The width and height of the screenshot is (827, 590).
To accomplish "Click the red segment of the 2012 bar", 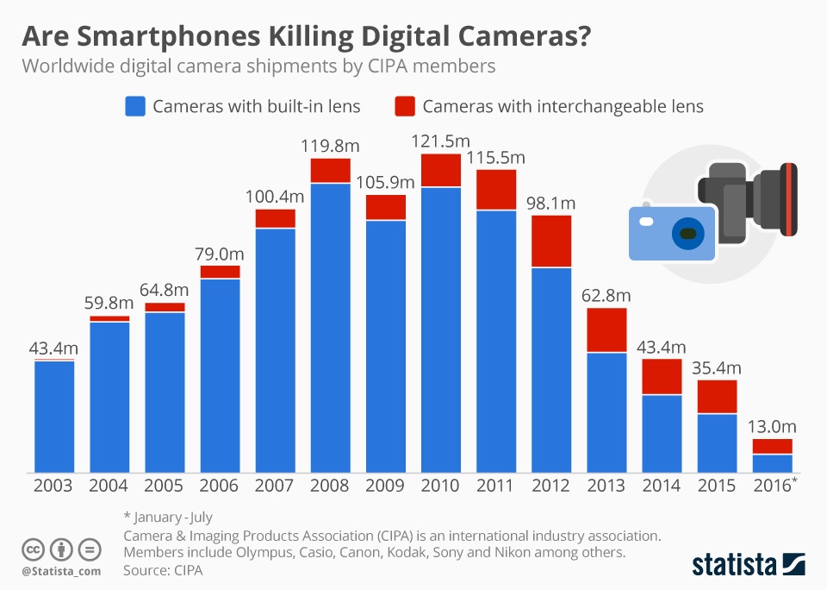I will coord(552,242).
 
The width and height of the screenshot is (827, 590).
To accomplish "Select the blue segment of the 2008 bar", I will coord(331,328).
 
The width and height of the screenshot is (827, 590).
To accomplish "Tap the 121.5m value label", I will coord(442,141).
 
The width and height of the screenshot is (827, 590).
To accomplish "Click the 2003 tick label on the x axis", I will coord(54,486).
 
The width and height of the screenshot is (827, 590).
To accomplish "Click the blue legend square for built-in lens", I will coord(135,107).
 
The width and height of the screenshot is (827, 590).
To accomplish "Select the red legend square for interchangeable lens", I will coord(405,107).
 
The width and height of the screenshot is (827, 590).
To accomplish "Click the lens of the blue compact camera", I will coord(687,233).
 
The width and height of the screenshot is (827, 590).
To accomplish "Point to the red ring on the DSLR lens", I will coord(786,199).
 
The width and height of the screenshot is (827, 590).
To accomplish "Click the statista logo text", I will coord(731,565).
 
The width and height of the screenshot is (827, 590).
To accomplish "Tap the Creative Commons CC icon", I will coord(33,549).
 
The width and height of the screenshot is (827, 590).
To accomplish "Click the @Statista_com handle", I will coord(61,570).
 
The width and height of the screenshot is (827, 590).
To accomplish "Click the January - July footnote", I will coord(169,518).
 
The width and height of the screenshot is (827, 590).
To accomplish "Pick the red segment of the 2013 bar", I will coord(606,330).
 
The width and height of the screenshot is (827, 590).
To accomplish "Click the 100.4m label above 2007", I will coord(276,196).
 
